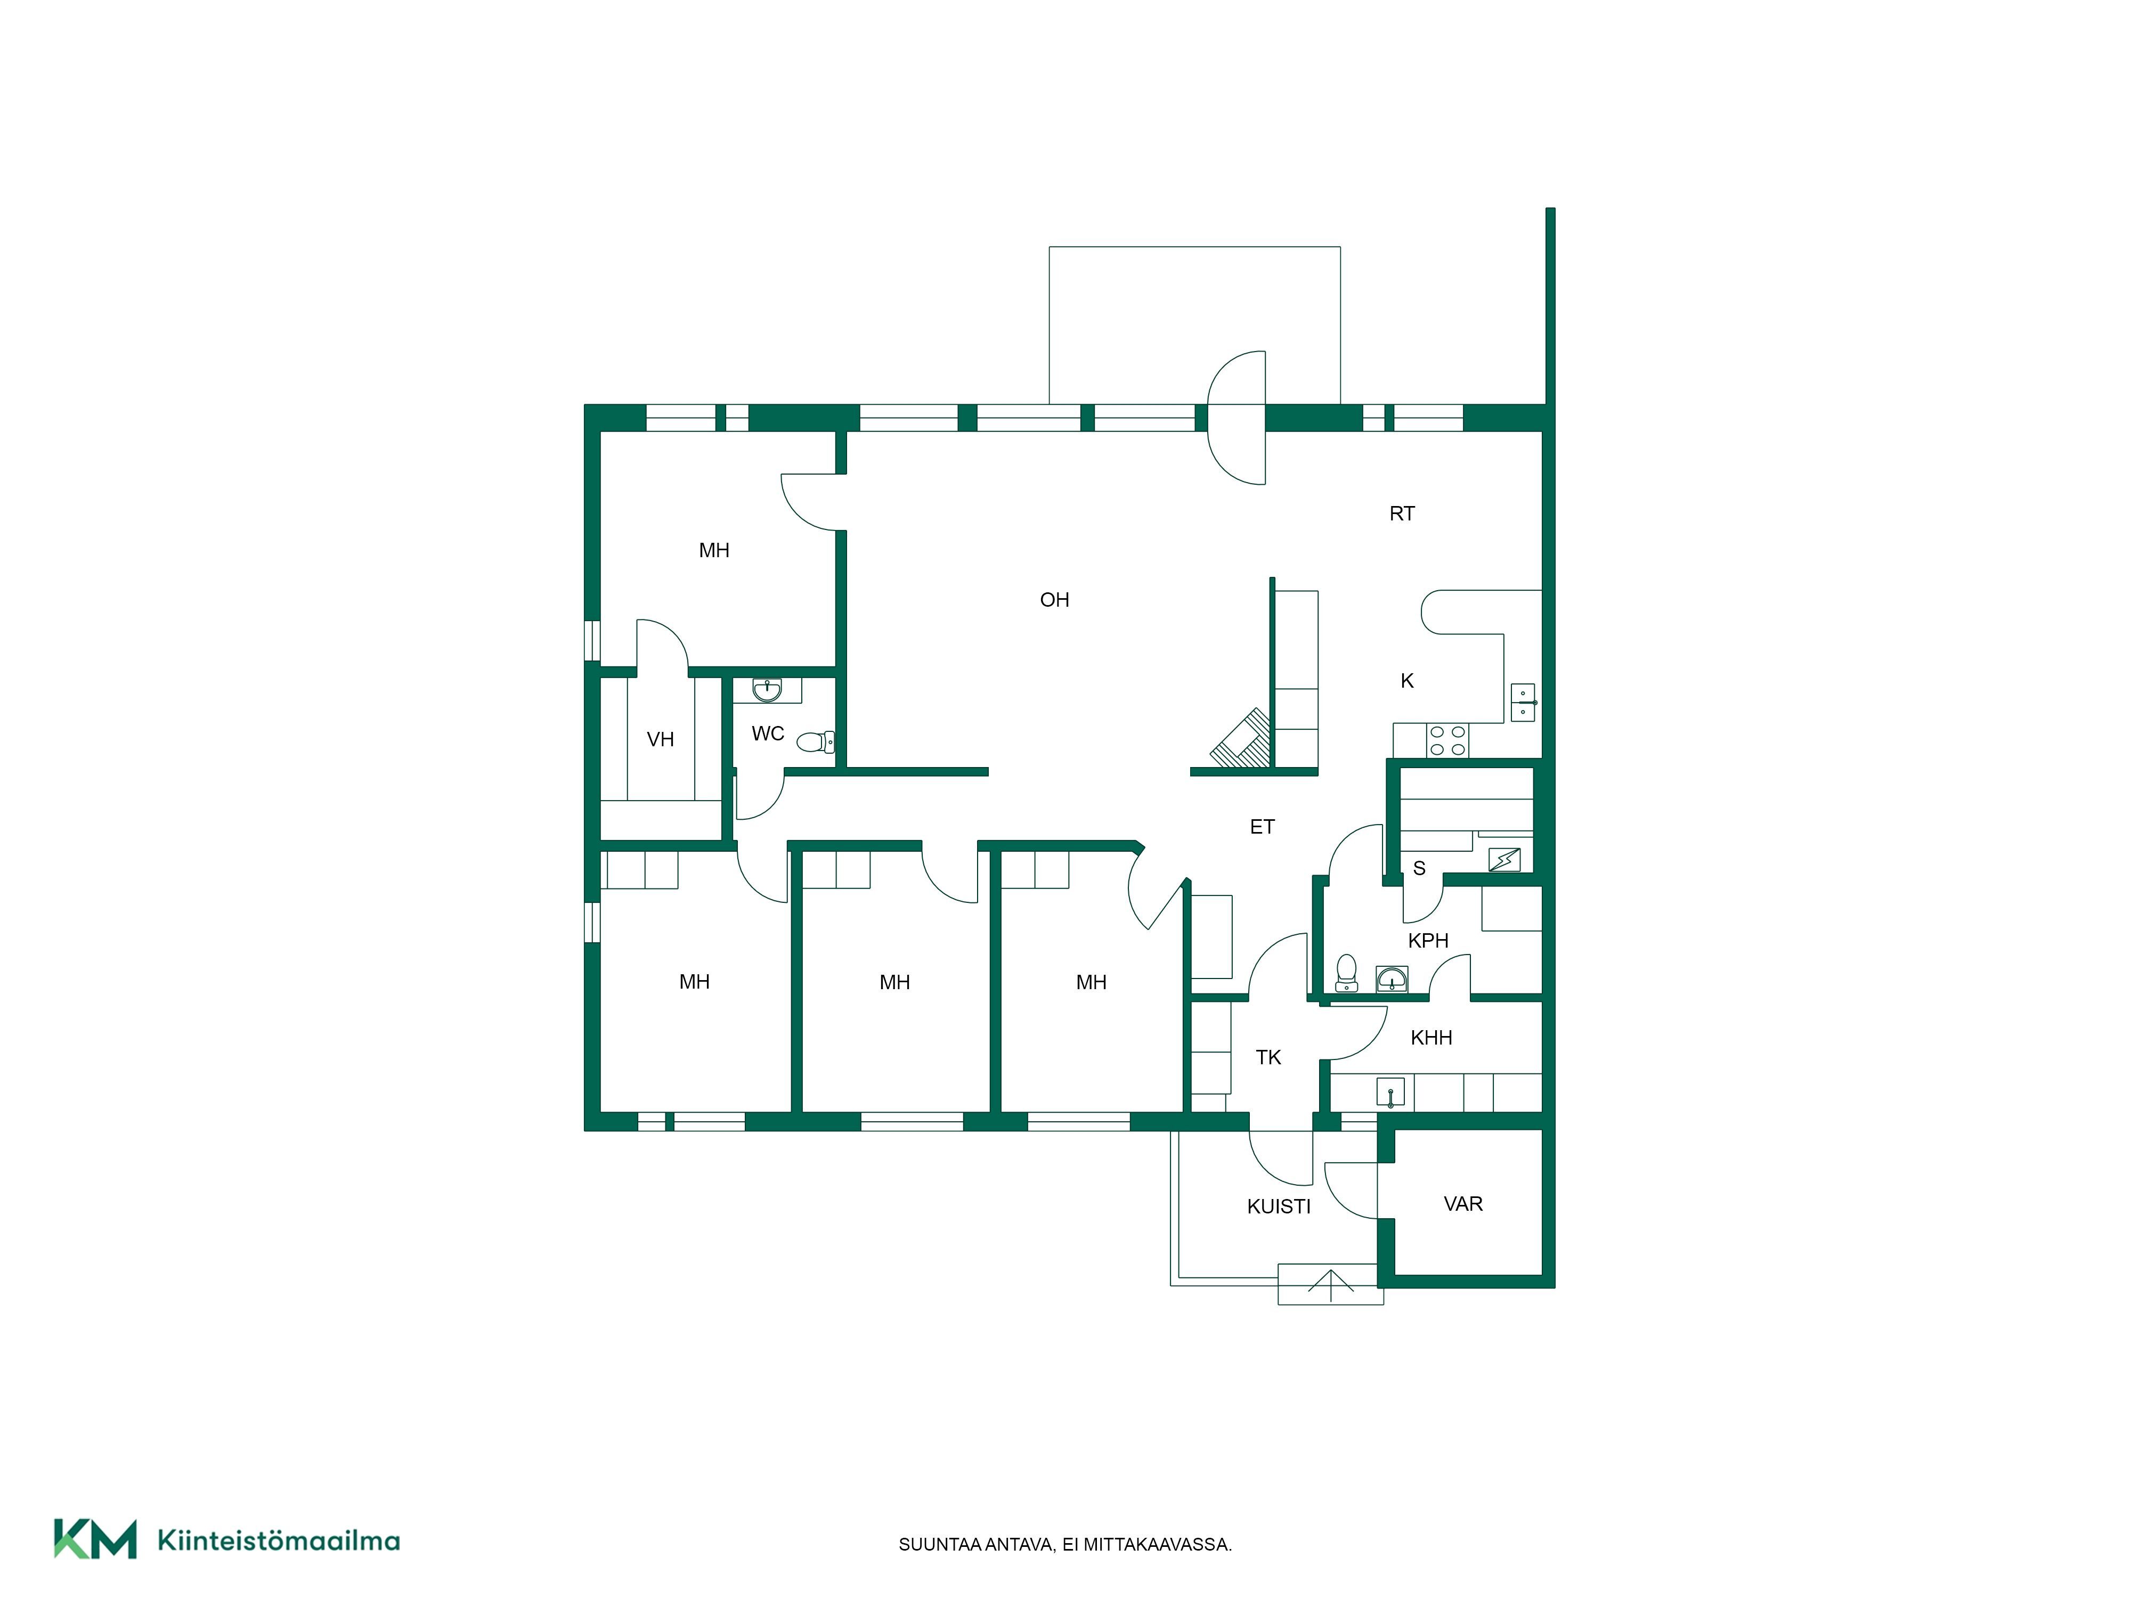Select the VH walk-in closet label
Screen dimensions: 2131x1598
tap(660, 740)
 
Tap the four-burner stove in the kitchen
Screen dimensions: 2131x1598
tap(1447, 740)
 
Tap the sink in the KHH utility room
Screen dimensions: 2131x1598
tap(1390, 1093)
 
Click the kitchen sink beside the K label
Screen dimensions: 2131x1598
tap(1523, 702)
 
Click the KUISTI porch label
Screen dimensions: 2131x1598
tap(1279, 1207)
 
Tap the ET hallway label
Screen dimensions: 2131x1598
tap(1262, 827)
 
